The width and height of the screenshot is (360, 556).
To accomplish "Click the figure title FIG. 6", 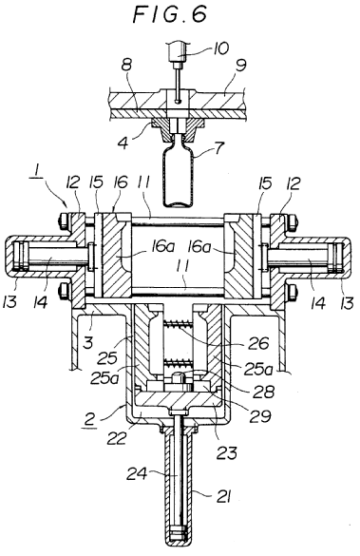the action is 170,15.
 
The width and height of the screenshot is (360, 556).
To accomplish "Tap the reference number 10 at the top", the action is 220,48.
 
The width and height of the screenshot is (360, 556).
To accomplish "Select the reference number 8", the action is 126,66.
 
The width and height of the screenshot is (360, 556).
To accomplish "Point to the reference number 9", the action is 240,66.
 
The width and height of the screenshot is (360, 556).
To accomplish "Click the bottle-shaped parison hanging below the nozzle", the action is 179,171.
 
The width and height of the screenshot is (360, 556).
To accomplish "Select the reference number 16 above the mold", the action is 120,183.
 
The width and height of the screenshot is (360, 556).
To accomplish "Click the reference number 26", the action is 258,343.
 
